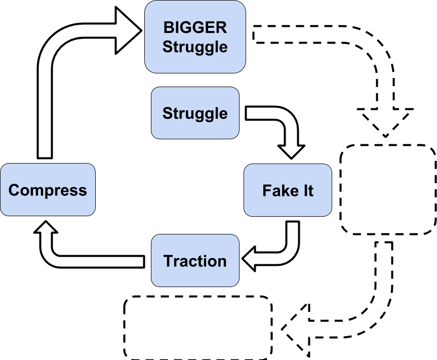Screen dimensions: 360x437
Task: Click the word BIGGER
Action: tap(195, 27)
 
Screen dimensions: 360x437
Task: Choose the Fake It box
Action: tap(288, 190)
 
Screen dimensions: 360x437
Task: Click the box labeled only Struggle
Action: tap(195, 113)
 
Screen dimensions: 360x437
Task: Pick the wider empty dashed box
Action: tap(198, 328)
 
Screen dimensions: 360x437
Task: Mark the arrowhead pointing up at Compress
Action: tap(45, 230)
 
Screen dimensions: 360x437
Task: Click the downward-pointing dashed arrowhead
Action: tap(385, 122)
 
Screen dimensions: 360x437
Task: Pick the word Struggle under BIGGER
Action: tap(195, 47)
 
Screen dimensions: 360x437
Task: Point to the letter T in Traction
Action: tap(168, 261)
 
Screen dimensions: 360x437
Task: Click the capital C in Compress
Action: tap(14, 190)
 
